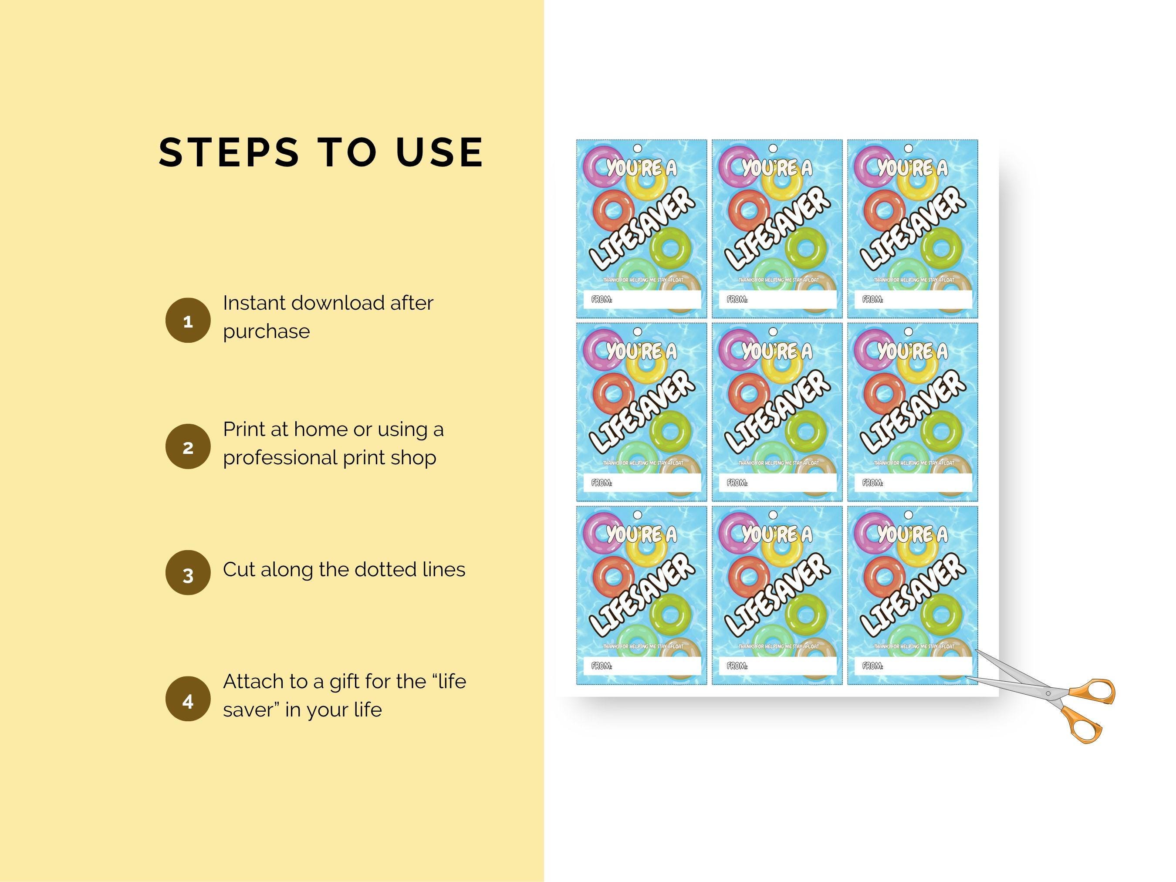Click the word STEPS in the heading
pos(229,152)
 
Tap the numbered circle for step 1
pos(188,321)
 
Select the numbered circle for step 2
pos(188,446)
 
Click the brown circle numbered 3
pos(188,573)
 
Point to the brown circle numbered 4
pos(188,699)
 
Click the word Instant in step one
pos(254,303)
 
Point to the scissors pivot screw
pos(1048,693)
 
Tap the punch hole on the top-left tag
pos(638,149)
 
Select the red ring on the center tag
pos(749,393)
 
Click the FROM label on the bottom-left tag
pos(602,666)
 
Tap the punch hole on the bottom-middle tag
pos(773,515)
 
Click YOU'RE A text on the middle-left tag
pos(642,351)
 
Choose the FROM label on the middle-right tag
pos(872,483)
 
